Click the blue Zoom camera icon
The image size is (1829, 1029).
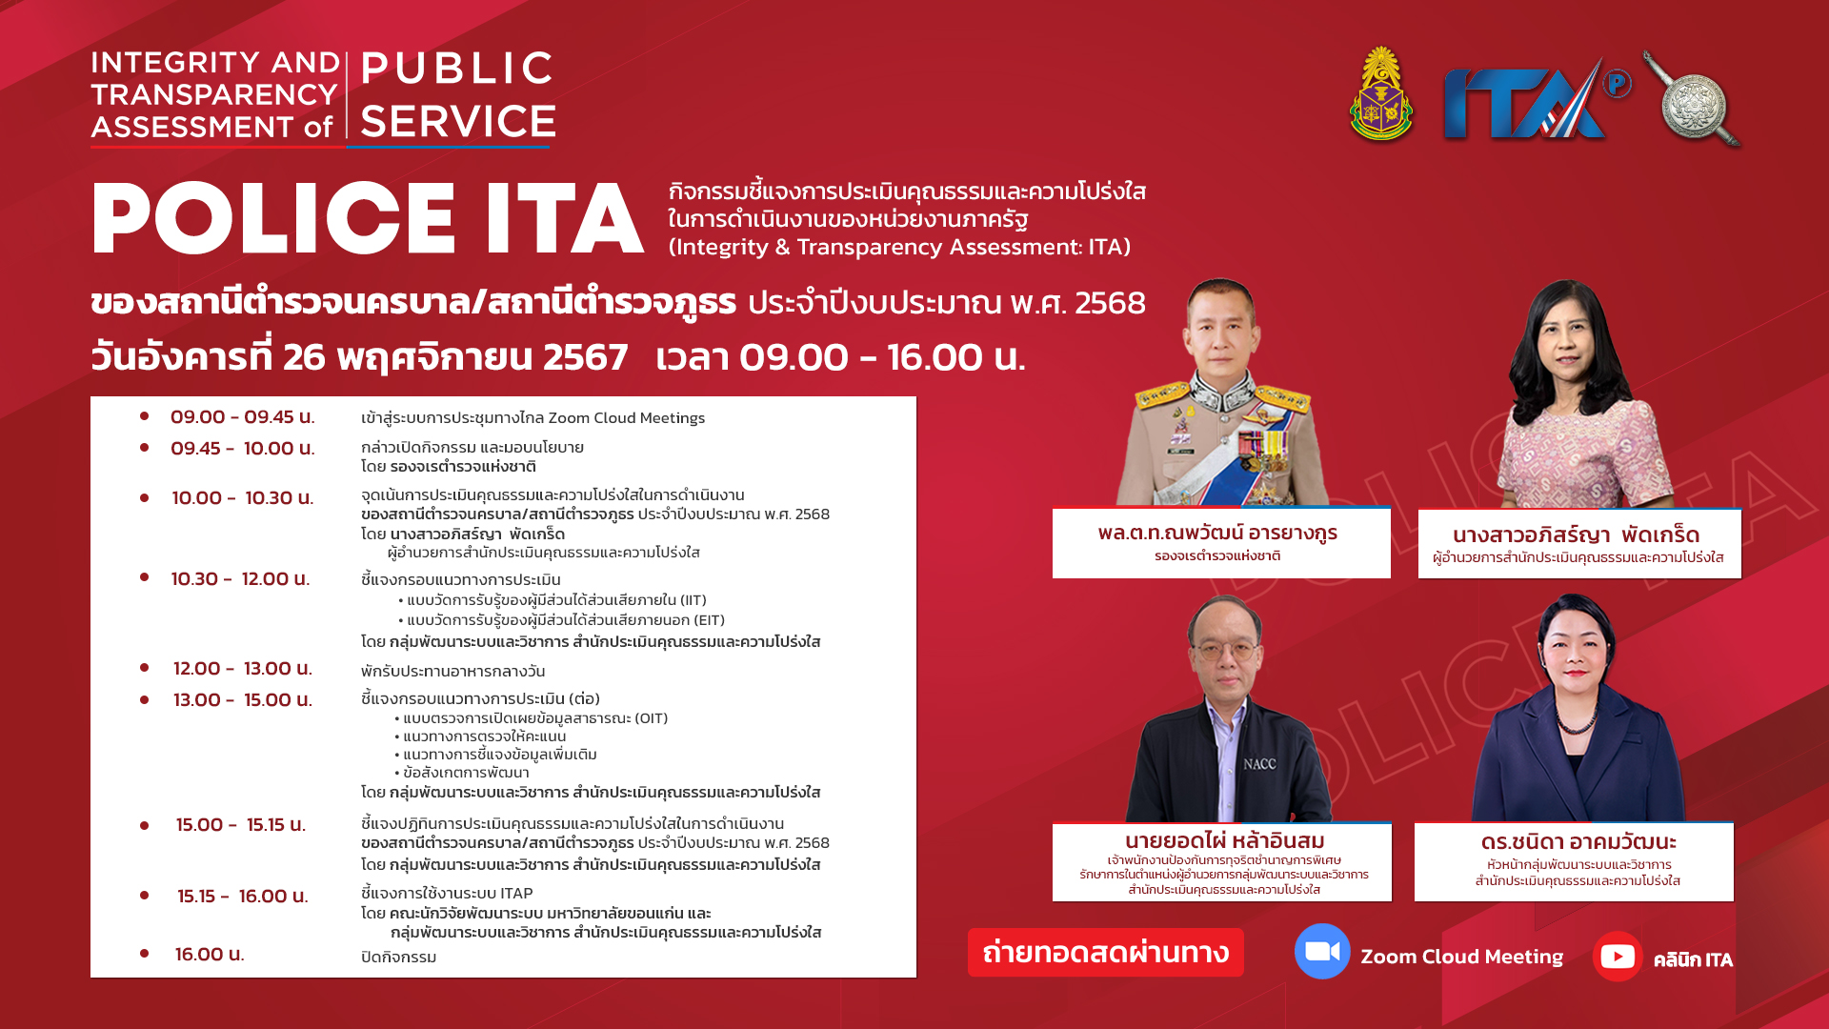pos(1322,951)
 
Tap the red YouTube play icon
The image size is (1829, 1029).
pos(1618,956)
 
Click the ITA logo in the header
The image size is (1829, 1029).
pos(1536,100)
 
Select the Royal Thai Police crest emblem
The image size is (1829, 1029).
pos(1381,95)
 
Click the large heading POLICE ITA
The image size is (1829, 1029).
pos(368,218)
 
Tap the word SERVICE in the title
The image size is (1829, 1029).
pos(458,122)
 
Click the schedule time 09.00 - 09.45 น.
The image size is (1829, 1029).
pos(242,417)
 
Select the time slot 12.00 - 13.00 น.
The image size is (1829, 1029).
pos(242,669)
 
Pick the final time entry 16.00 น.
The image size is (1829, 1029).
pos(210,955)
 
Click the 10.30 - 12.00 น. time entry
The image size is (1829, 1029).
pos(240,579)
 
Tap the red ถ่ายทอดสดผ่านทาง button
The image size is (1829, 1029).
pos(1106,952)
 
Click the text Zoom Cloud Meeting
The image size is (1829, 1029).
pos(1461,957)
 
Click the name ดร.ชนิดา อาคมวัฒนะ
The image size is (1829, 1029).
pos(1578,842)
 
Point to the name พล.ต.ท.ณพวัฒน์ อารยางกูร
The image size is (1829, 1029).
pos(1217,533)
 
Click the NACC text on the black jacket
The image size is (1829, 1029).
pos(1259,764)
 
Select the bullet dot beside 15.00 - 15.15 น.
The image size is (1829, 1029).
pos(145,825)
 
